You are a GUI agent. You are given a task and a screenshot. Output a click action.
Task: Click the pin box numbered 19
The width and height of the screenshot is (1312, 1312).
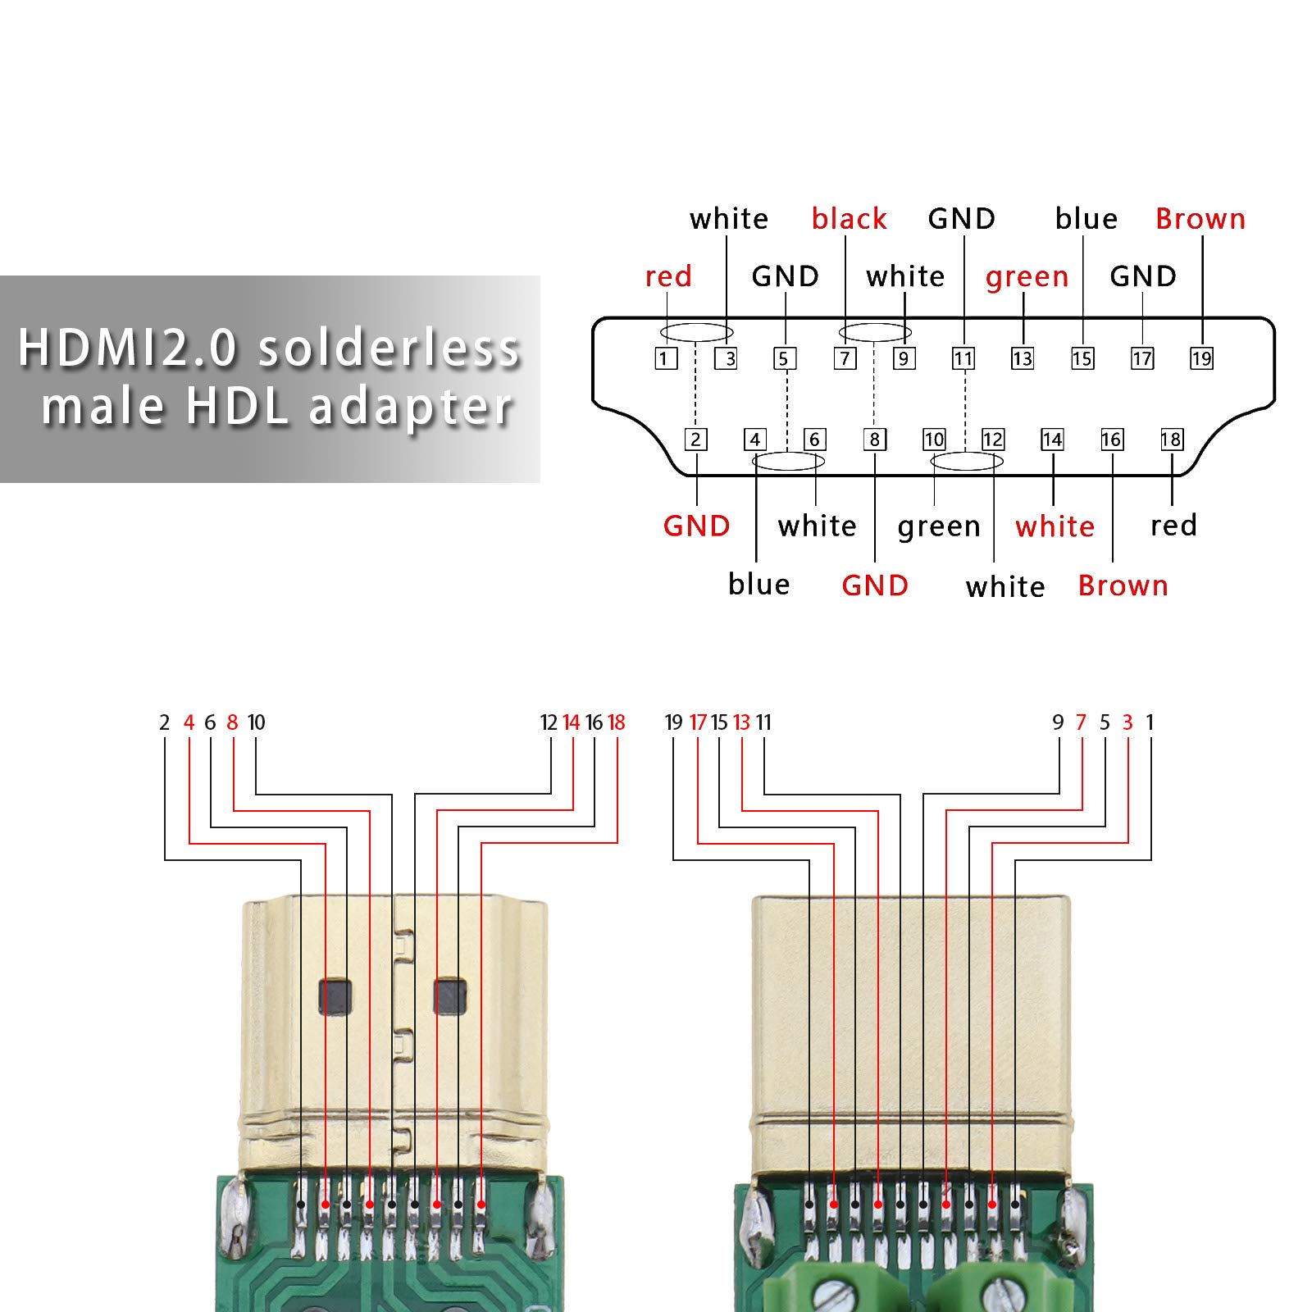[1201, 358]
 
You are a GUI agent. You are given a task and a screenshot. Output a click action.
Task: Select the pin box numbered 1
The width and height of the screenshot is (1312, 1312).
[666, 358]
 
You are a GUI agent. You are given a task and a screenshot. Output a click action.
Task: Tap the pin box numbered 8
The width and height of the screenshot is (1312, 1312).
[875, 440]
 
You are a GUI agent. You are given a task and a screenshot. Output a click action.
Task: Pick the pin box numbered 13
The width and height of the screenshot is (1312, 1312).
[1023, 358]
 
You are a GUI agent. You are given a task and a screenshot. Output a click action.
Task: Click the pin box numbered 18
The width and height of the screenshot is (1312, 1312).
[1172, 440]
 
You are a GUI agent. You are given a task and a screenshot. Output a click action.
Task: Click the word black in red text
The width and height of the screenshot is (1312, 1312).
[849, 219]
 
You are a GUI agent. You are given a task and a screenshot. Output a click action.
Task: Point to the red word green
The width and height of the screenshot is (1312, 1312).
[1027, 277]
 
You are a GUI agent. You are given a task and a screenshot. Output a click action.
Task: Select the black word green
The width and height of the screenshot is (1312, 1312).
[939, 526]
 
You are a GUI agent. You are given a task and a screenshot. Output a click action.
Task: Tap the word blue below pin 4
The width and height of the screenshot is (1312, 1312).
[758, 584]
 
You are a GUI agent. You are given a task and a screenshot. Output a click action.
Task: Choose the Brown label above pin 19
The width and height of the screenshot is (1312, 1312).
[1200, 219]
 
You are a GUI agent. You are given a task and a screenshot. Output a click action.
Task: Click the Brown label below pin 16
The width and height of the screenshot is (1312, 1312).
[1123, 585]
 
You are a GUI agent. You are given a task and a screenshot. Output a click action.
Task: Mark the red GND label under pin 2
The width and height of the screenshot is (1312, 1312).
[696, 526]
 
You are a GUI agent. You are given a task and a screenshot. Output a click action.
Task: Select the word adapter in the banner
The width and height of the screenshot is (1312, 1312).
[410, 407]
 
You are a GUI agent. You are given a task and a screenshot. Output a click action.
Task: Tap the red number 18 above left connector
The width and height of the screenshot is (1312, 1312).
[616, 722]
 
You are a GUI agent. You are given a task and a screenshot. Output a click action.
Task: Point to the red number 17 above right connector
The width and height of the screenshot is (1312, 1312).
[698, 722]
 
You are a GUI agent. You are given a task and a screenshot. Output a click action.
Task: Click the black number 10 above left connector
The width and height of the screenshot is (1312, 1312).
[256, 722]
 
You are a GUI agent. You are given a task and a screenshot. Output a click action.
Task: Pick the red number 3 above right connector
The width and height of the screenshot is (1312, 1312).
[1127, 722]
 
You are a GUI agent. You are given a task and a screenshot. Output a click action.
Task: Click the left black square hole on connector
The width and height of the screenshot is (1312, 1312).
[335, 997]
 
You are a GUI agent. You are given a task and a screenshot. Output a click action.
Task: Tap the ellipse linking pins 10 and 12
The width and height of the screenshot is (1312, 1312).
[967, 462]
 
